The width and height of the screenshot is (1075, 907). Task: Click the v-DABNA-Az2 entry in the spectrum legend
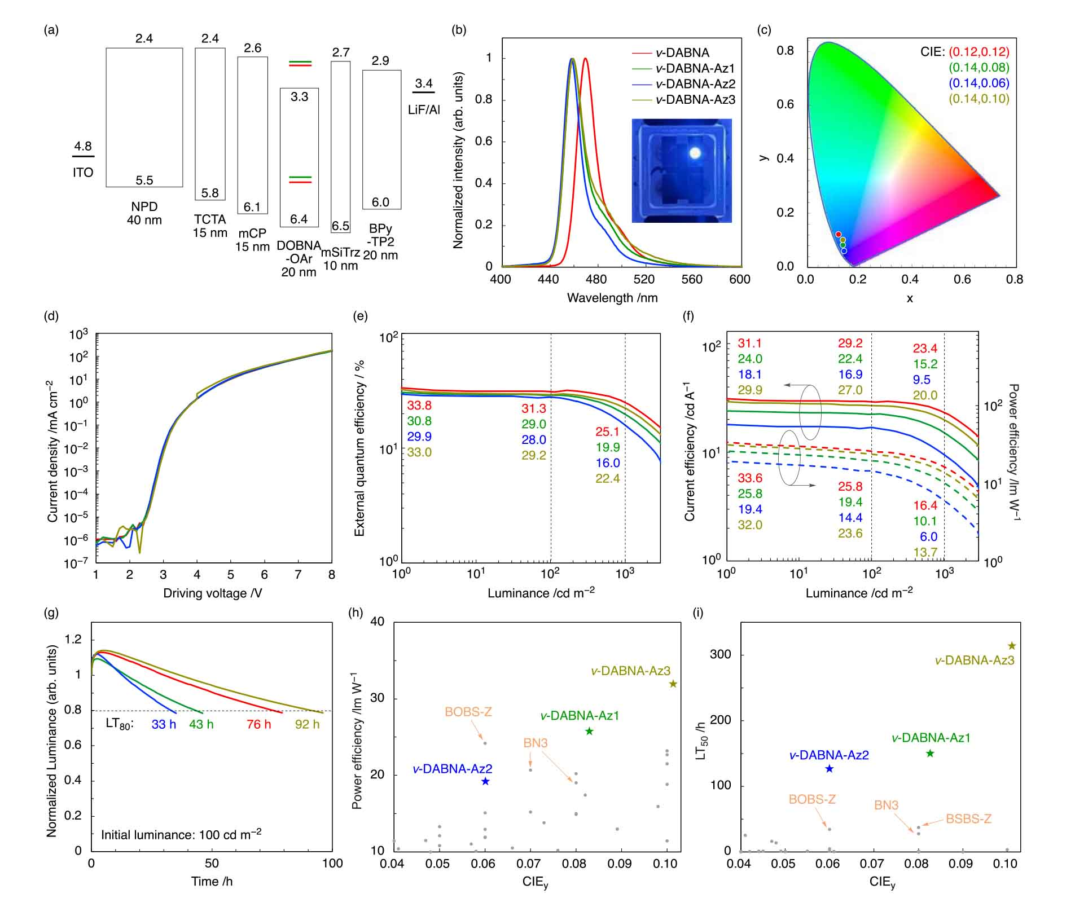[695, 84]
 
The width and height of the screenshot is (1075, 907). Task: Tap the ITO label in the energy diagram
[83, 173]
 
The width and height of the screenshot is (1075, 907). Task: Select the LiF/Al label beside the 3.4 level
[424, 110]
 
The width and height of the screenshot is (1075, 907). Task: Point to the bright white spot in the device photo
[695, 153]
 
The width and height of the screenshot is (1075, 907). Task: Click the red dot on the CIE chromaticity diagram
[838, 234]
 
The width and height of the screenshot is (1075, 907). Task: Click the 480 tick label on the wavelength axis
[596, 279]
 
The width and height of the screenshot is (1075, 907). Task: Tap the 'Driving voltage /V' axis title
[213, 593]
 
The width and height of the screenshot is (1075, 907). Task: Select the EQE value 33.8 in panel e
[419, 406]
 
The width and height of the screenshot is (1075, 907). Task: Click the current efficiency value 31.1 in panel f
[750, 344]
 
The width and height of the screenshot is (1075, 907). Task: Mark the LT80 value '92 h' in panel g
[307, 724]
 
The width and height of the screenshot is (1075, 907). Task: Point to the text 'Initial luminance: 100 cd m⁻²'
[181, 835]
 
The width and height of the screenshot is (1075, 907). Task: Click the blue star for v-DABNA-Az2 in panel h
[485, 781]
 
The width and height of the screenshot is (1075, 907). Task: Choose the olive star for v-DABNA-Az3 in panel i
[1012, 646]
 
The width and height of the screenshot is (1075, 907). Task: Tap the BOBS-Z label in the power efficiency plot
[468, 712]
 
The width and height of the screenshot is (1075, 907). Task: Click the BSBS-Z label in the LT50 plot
[968, 819]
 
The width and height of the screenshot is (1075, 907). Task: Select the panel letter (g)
[51, 613]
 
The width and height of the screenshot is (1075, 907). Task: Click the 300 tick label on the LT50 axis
[720, 655]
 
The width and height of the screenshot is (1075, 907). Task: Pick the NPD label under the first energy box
[144, 206]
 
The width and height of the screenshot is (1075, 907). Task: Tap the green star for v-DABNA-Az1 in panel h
[589, 732]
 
